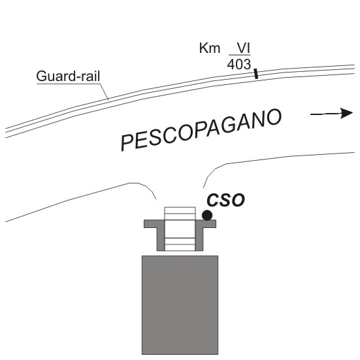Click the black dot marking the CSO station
pos(207,216)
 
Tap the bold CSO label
pos(225,200)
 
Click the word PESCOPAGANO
pos(201,130)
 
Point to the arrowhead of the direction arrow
pos(346,113)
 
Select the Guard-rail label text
pos(68,76)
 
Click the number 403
pos(239,65)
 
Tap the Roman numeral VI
pos(244,48)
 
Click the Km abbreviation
pos(210,48)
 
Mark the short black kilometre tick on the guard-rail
pos(256,74)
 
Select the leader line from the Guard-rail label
pos(105,92)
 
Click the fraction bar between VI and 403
pos(240,55)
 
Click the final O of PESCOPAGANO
pos(274,118)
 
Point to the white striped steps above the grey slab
pos(180,214)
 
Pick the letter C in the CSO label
pos(213,200)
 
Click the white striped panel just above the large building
pos(180,244)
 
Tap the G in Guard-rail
pos(42,76)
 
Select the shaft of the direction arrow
pos(325,114)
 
